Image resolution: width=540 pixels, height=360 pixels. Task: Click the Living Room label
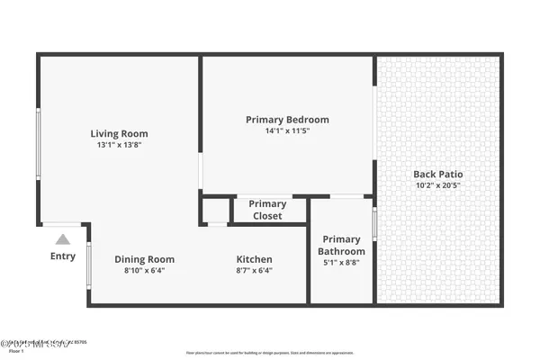pyautogui.click(x=119, y=134)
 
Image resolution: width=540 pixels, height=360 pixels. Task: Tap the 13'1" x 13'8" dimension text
pyautogui.click(x=119, y=145)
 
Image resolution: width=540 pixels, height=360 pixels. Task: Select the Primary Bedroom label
pyautogui.click(x=287, y=120)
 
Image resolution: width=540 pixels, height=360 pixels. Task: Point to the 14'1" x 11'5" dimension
pyautogui.click(x=287, y=130)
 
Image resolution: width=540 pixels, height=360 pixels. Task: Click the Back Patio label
pyautogui.click(x=437, y=175)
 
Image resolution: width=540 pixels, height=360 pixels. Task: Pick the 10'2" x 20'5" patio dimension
pyautogui.click(x=437, y=185)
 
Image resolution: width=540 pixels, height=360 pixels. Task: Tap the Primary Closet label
pyautogui.click(x=267, y=210)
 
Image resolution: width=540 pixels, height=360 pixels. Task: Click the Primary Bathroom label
pyautogui.click(x=341, y=246)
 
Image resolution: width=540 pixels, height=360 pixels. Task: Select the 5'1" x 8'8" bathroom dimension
pyautogui.click(x=341, y=264)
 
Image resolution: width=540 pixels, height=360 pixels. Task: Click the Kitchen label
pyautogui.click(x=254, y=259)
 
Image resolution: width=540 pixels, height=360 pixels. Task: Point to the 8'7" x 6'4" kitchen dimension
pyautogui.click(x=254, y=270)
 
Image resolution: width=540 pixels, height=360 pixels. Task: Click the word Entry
pyautogui.click(x=63, y=256)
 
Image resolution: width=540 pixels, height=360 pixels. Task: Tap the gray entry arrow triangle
pyautogui.click(x=63, y=239)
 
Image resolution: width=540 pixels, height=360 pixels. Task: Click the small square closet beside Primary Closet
pyautogui.click(x=216, y=211)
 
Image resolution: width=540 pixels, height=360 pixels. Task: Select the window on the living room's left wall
pyautogui.click(x=38, y=144)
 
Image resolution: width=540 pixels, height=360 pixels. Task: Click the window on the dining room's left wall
pyautogui.click(x=88, y=265)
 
